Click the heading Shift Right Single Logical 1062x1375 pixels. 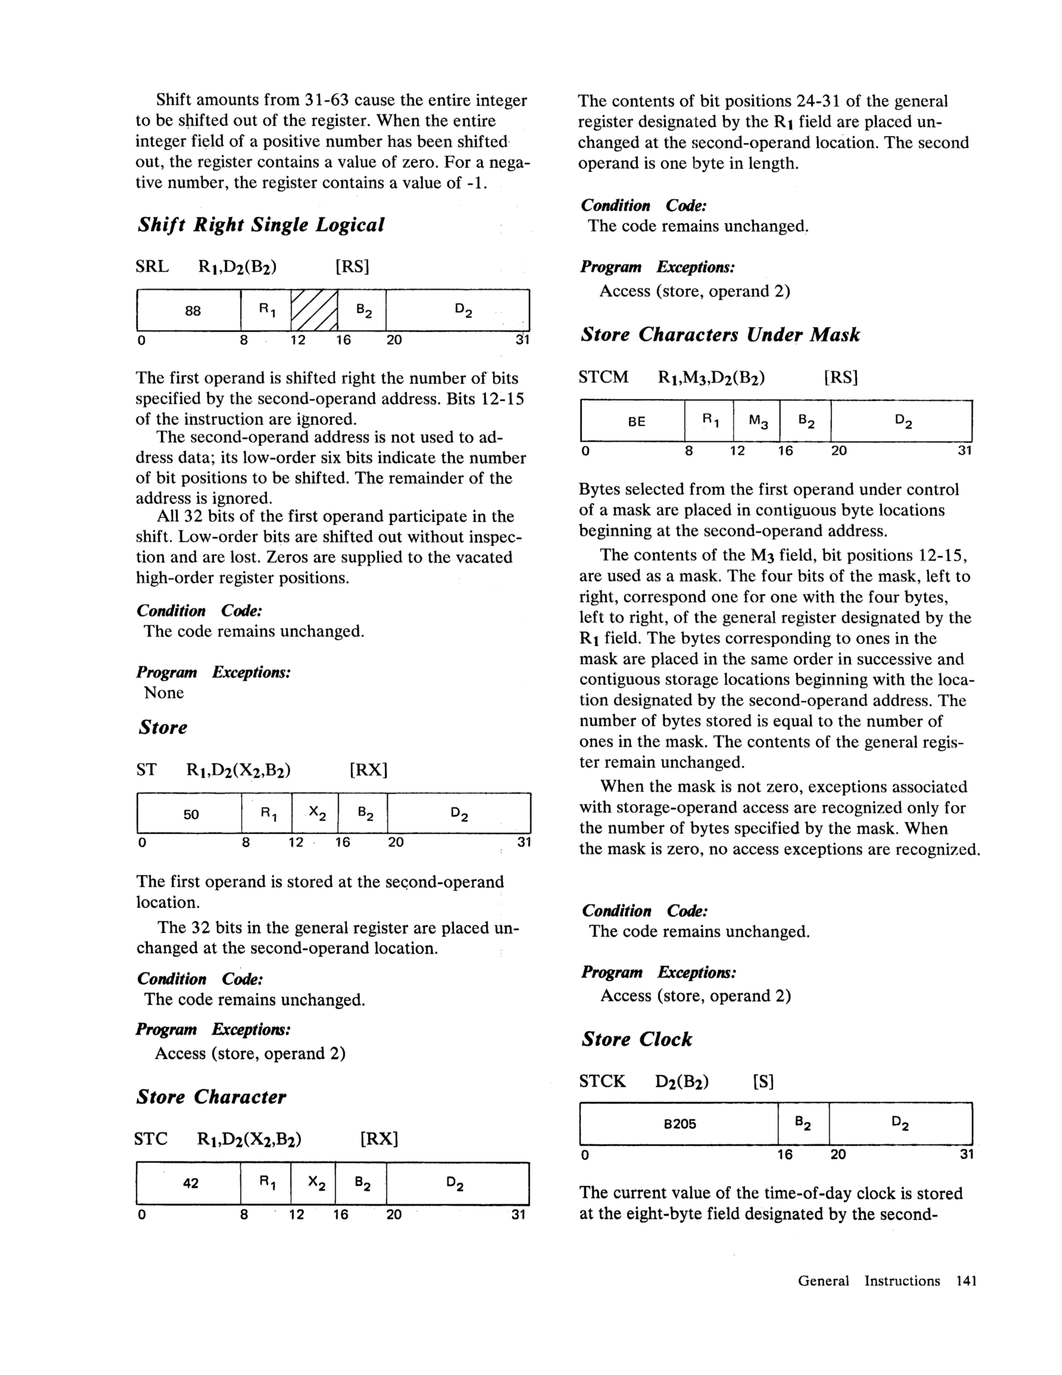coord(261,225)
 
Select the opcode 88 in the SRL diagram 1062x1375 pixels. coord(193,310)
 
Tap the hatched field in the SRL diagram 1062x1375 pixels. coord(314,310)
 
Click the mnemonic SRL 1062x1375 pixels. coord(152,267)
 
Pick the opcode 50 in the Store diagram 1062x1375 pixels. coord(191,814)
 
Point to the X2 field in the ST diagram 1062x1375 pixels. coord(317,814)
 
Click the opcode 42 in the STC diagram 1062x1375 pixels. coord(190,1183)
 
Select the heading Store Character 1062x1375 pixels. coord(211,1097)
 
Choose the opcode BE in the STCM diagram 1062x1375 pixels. coord(636,421)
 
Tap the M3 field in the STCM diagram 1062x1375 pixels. coord(758,420)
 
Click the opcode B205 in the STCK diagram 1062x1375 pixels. coord(680,1124)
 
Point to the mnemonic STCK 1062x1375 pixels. coord(602,1081)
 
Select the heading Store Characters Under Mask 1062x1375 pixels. coord(720,334)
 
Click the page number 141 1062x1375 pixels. coord(966,1280)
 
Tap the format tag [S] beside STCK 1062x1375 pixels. coord(763,1081)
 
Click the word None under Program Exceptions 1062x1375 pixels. coord(164,693)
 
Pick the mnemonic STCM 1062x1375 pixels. coord(604,377)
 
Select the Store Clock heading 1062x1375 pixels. coord(636,1039)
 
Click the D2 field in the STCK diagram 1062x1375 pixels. coord(900,1123)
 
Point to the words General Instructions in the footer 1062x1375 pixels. coord(869,1280)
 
